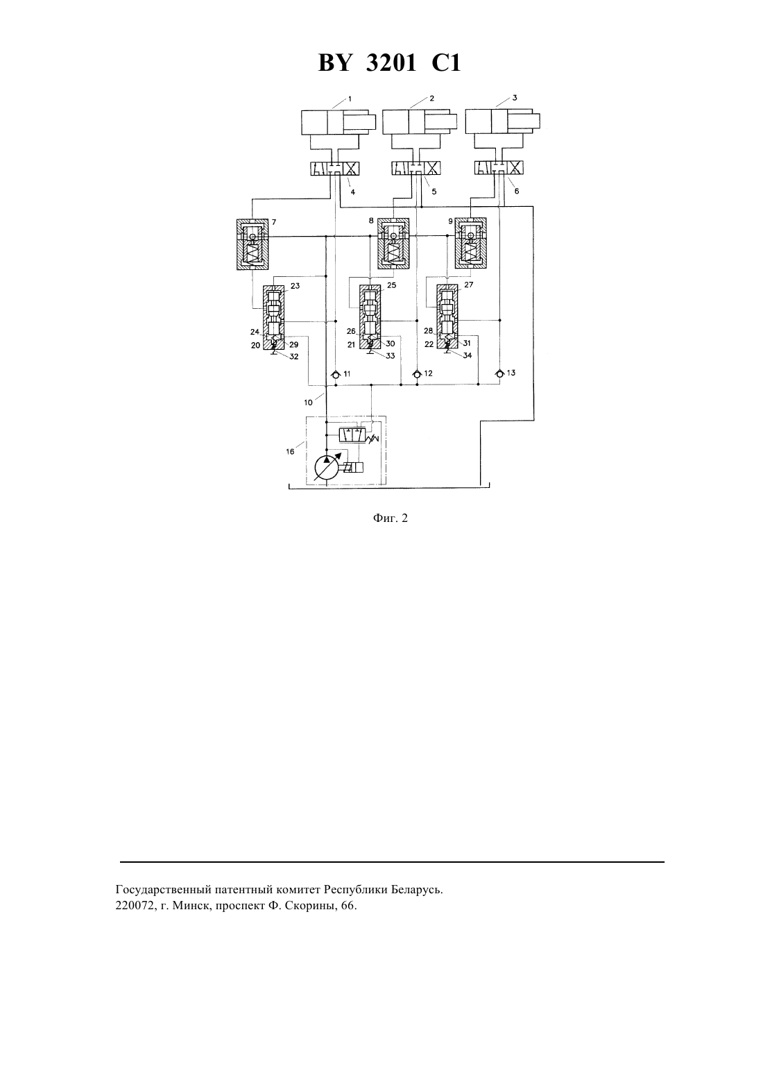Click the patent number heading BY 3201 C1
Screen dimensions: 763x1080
[389, 63]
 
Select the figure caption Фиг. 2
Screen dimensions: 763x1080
[390, 518]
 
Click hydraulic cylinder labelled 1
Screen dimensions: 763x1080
[338, 122]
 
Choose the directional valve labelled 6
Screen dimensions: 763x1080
[499, 168]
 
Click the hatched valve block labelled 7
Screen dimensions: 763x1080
[253, 244]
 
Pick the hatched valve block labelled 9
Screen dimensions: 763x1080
[470, 243]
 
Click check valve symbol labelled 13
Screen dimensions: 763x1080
[500, 373]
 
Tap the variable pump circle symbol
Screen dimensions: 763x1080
[327, 466]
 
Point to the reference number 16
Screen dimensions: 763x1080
[290, 452]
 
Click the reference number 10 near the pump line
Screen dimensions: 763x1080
[308, 403]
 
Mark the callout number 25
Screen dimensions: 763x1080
[392, 285]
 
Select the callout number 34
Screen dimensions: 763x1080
[468, 355]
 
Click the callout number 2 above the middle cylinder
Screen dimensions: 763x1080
[432, 98]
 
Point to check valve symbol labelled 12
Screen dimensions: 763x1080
[417, 374]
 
